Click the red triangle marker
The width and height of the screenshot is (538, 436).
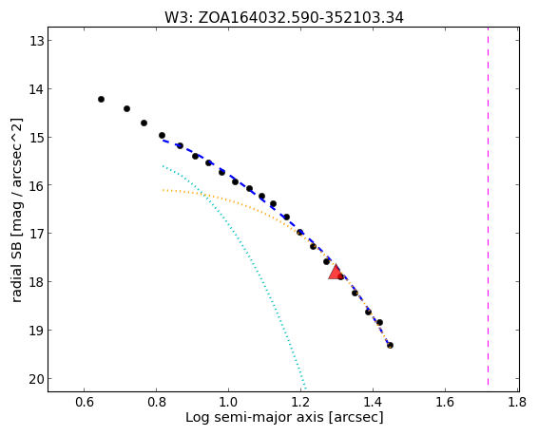tap(336, 272)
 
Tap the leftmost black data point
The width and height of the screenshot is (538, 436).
tap(101, 100)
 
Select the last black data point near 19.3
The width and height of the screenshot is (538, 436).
tap(390, 345)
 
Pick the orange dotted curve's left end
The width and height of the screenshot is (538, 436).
tap(163, 190)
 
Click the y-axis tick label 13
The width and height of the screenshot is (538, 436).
tap(36, 41)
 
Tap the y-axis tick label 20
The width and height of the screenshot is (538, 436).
tap(36, 379)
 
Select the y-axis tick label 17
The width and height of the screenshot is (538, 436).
tap(36, 234)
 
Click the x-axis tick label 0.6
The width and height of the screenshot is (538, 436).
tap(84, 402)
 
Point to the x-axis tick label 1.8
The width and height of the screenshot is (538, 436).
tap(517, 402)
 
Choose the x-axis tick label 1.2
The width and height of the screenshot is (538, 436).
tap(300, 402)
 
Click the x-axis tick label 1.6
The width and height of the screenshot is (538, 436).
tap(445, 402)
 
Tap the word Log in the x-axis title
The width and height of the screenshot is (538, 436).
tap(197, 418)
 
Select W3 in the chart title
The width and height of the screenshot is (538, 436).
tap(177, 18)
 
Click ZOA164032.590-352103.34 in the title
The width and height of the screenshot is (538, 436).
tap(301, 18)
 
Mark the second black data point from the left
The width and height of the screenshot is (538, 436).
tap(126, 109)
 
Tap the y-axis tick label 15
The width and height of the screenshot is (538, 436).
tap(36, 138)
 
